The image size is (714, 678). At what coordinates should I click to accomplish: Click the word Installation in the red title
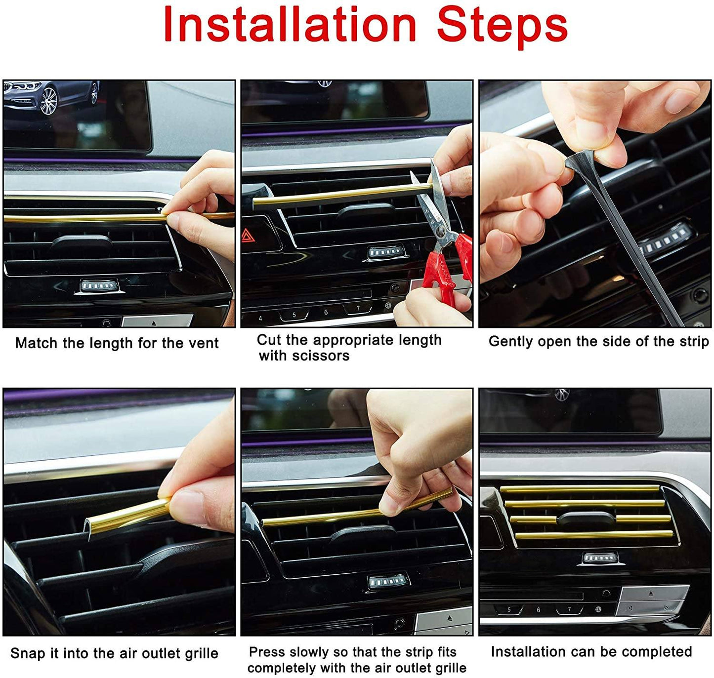coord(290,25)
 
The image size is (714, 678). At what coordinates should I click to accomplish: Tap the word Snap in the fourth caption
coord(28,653)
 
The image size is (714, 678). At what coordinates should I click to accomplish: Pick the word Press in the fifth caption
coord(267,652)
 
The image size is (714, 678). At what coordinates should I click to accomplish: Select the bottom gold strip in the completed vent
coord(593,535)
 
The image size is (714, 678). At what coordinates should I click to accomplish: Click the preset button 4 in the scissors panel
coord(260,319)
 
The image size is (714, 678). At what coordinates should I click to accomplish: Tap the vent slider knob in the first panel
coord(82,242)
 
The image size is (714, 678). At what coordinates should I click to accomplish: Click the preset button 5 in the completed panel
coord(509,609)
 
